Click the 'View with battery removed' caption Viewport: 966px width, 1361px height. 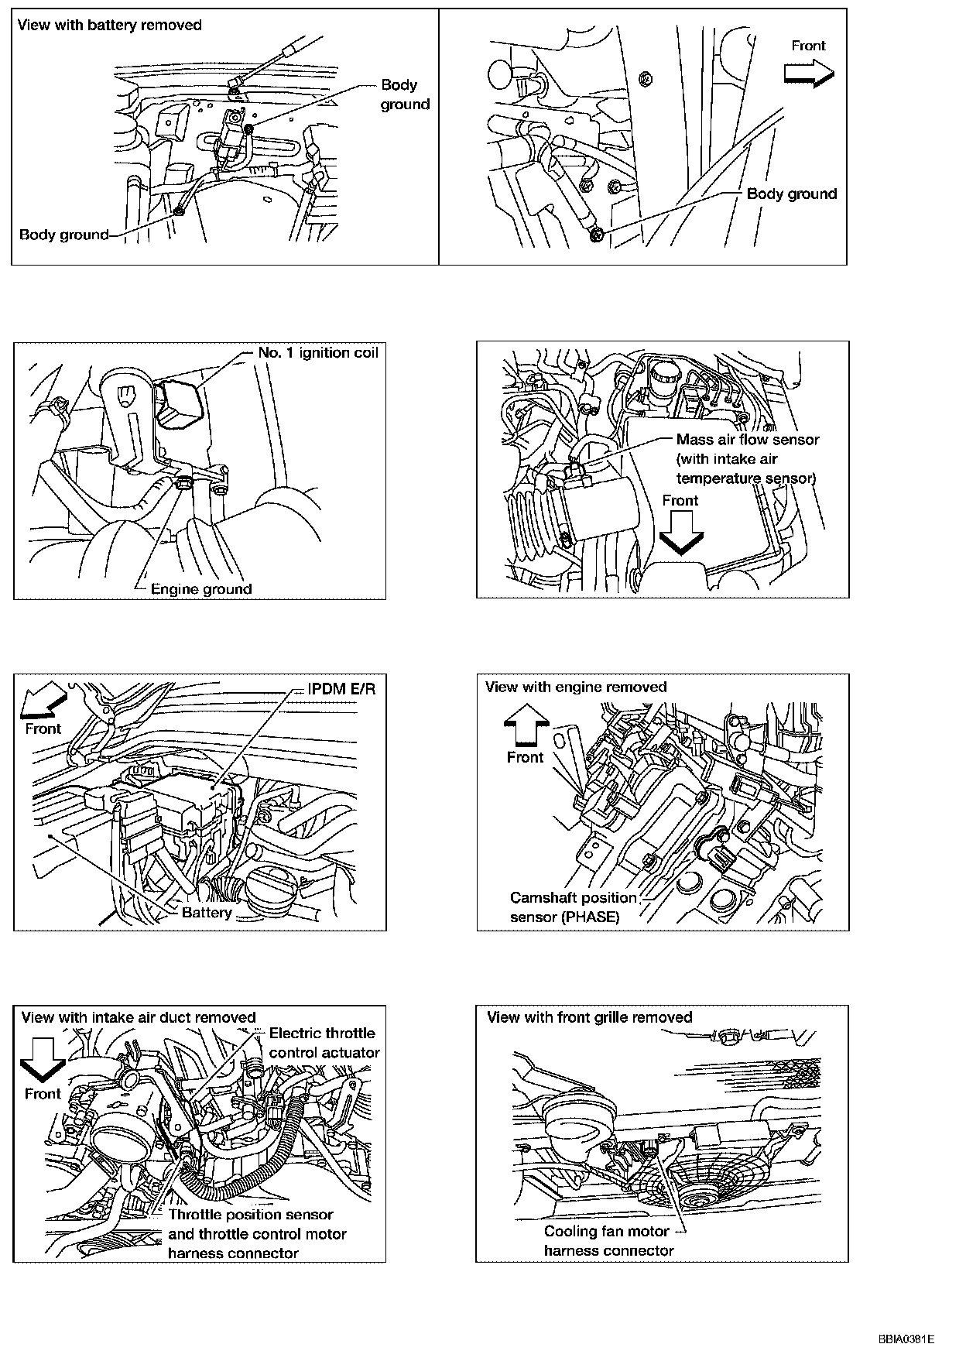[109, 25]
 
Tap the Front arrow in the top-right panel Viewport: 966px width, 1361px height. [809, 74]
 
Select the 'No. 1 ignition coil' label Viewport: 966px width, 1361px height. [318, 353]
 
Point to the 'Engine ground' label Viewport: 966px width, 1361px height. [201, 589]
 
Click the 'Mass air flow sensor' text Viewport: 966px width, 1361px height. [748, 440]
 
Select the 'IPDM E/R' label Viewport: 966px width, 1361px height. [341, 689]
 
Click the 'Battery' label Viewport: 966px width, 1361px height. [207, 913]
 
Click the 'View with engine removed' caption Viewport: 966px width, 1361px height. [576, 687]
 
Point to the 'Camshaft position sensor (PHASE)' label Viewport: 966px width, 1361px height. [573, 908]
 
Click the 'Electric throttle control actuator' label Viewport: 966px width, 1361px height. [324, 1043]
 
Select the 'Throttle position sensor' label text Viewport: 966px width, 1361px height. [251, 1215]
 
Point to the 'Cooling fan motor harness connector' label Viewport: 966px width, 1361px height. [608, 1241]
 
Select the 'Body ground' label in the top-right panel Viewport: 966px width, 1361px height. [792, 194]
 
